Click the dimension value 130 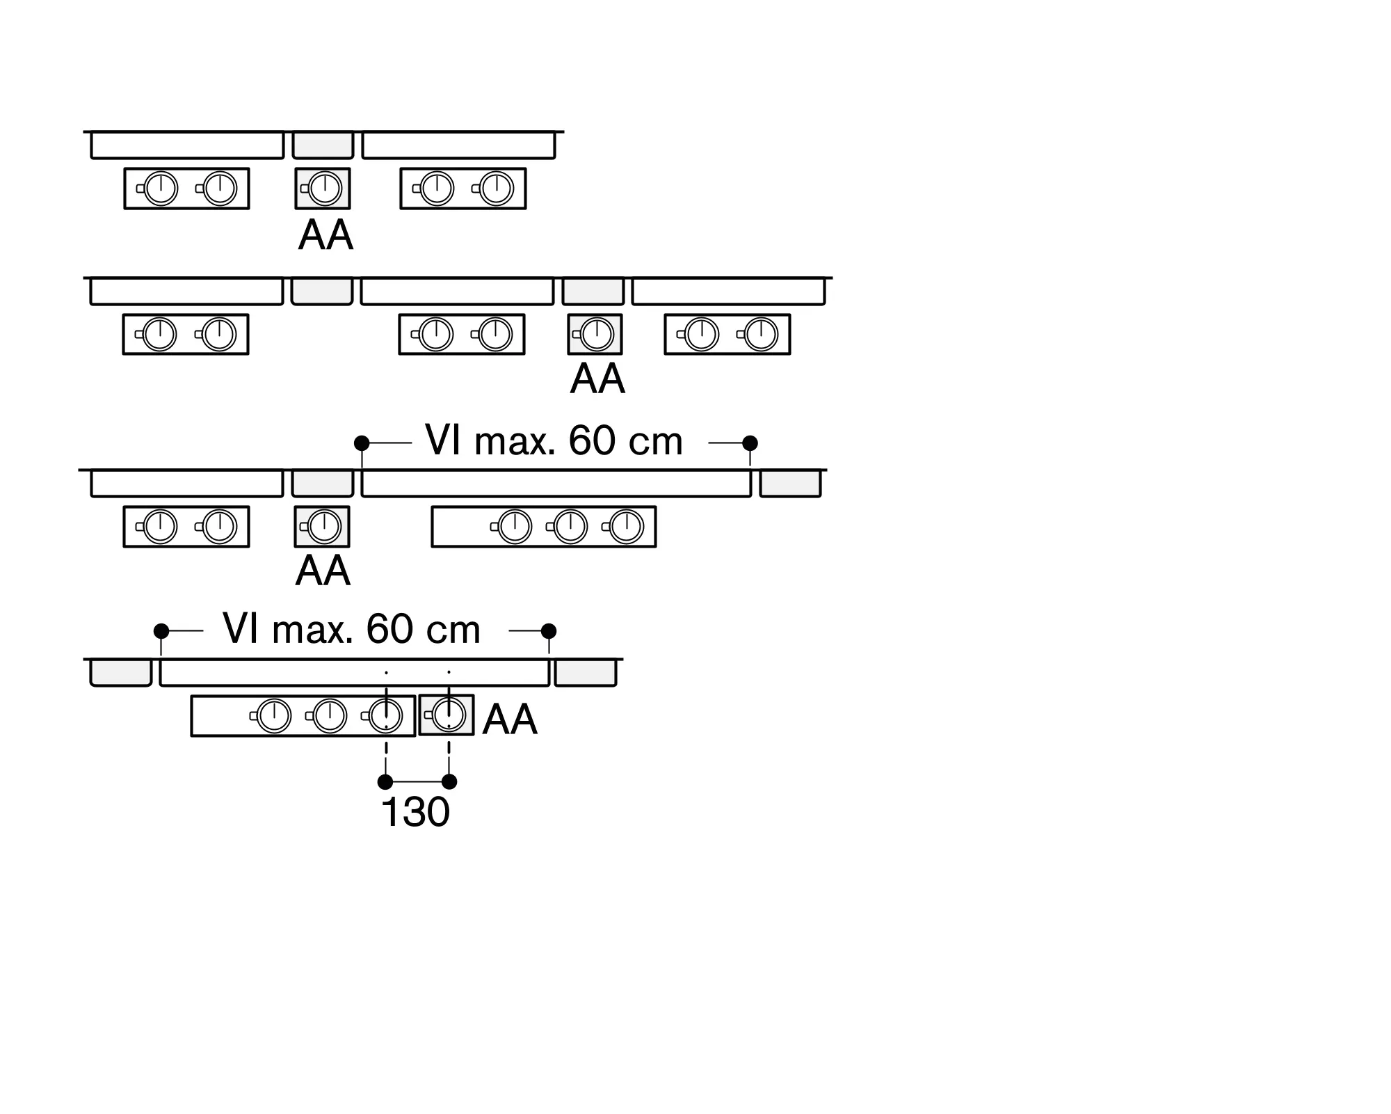(x=416, y=811)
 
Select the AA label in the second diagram (x=597, y=379)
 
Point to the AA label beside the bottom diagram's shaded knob (x=510, y=719)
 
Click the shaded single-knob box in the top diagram (x=323, y=189)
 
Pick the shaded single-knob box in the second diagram (x=595, y=335)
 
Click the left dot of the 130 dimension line (x=385, y=781)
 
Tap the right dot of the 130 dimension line (x=449, y=781)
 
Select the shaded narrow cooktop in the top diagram (x=323, y=145)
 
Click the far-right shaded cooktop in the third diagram (x=791, y=484)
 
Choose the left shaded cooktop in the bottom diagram (x=121, y=673)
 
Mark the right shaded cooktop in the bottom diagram (x=586, y=673)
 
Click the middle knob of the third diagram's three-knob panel (x=570, y=527)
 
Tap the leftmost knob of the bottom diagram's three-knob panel (x=274, y=716)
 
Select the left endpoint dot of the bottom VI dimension (x=161, y=631)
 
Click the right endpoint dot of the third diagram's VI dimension (x=750, y=443)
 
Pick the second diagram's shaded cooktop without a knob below (x=322, y=292)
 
